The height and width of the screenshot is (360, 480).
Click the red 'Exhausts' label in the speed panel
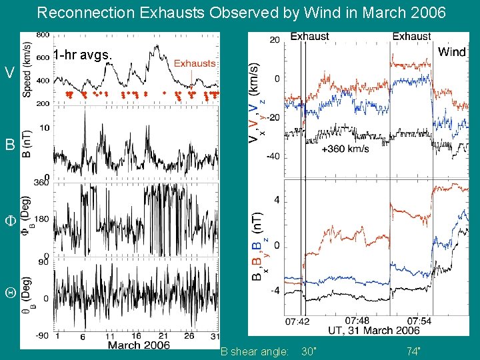[x=195, y=63]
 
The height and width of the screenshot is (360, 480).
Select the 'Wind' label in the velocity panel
[x=451, y=52]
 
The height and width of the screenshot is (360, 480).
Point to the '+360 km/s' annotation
[x=345, y=149]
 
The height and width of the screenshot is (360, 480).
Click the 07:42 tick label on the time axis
[x=297, y=321]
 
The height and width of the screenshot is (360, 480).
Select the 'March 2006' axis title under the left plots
[x=139, y=345]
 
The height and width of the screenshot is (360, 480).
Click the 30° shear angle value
[x=309, y=351]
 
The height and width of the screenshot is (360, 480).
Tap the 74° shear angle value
[x=413, y=351]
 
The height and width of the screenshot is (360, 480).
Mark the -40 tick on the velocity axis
[x=273, y=157]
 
